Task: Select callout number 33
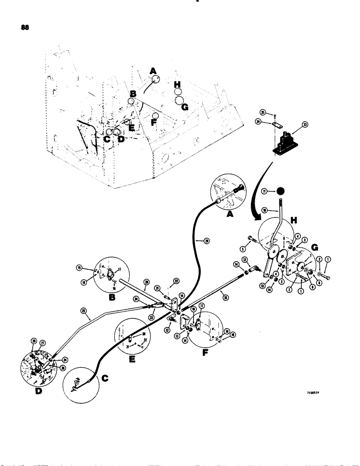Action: click(305, 124)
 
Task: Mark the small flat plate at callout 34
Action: click(277, 124)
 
